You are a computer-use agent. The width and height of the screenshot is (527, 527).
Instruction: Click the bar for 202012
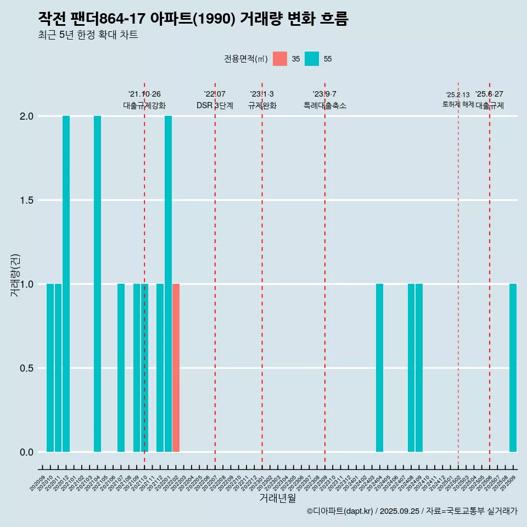point(66,284)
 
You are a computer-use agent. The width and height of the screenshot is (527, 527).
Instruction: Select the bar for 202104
point(97,284)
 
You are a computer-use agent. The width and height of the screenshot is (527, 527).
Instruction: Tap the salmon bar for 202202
point(176,368)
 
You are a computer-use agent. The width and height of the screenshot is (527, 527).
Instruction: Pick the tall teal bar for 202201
point(168,284)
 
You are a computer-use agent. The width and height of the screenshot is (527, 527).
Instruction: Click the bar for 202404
point(379,368)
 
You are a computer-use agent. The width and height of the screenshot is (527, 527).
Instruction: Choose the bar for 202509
point(513,368)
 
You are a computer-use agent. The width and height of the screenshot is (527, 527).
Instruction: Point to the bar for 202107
point(121,368)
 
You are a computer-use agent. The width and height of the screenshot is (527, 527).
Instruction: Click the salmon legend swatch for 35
point(280,59)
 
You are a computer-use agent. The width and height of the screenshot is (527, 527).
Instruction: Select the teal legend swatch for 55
point(312,59)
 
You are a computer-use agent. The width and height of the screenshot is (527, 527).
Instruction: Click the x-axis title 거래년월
point(277,498)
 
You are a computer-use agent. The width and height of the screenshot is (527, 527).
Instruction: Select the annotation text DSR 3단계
point(215,105)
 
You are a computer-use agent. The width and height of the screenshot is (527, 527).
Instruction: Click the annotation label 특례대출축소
point(325,105)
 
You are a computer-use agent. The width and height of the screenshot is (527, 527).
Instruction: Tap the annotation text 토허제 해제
point(458,104)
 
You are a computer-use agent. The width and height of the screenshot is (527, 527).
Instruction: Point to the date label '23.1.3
point(262,94)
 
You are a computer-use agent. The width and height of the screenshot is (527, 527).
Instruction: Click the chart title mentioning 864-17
point(193,19)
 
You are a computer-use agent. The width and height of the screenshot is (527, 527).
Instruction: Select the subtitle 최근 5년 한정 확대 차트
point(88,35)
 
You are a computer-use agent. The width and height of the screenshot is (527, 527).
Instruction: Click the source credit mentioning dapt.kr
point(412,511)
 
